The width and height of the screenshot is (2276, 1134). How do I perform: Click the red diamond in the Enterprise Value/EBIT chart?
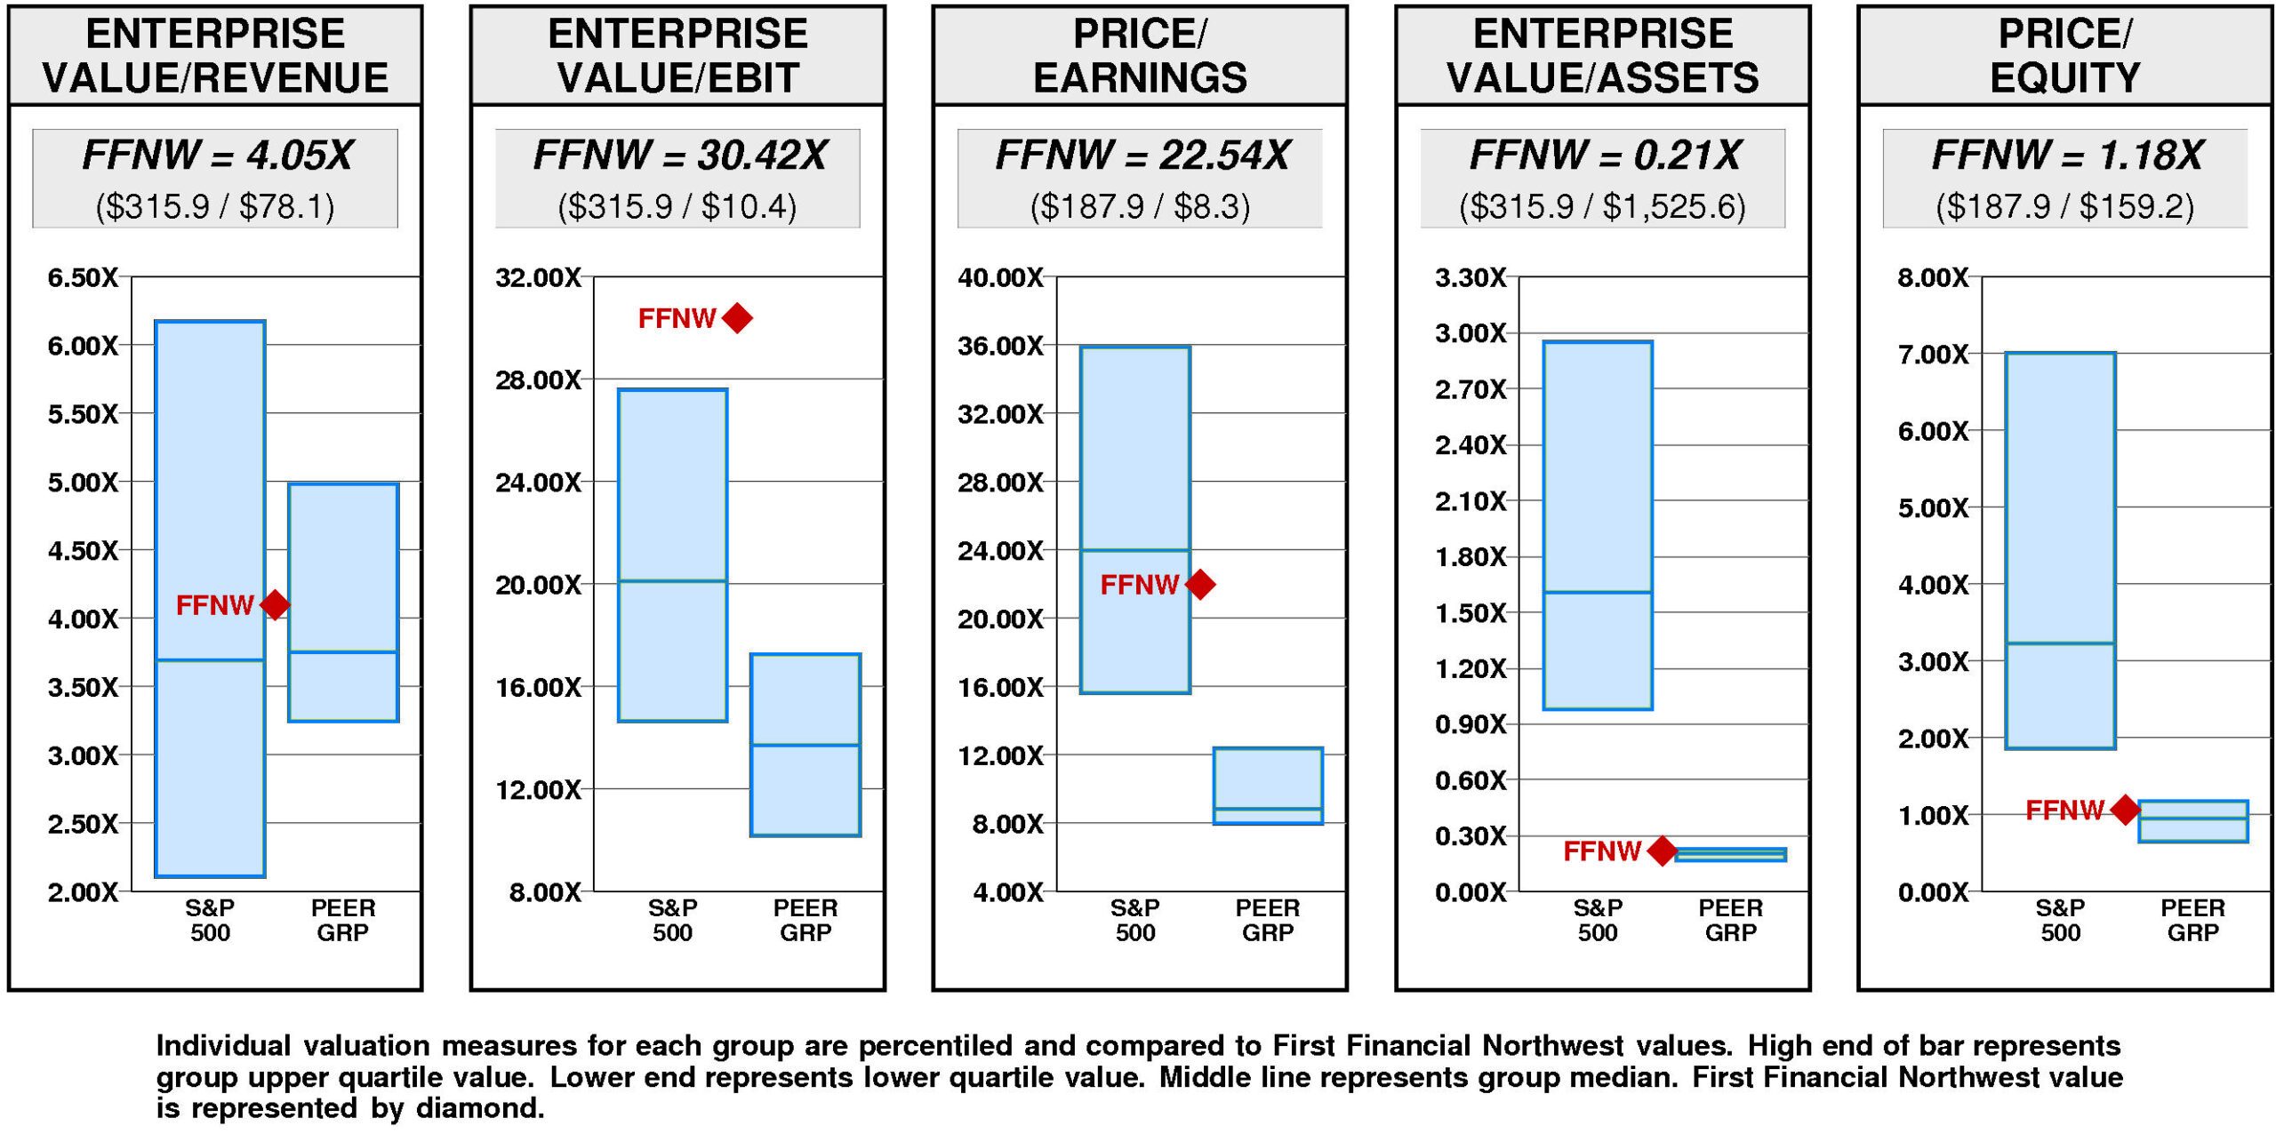pos(737,317)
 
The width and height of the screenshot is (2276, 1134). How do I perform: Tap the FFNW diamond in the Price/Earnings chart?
pos(1200,584)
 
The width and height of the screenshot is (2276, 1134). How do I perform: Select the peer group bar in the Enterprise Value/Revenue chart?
pos(343,602)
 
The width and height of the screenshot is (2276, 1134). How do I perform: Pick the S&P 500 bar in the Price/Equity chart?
pos(2060,550)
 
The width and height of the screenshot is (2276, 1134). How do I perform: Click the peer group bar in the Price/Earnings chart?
pos(1268,786)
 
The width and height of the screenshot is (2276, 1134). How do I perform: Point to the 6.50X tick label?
pos(83,277)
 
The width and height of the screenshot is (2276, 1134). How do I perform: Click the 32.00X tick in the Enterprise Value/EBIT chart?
pos(538,277)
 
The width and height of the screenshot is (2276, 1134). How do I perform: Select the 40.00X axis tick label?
pos(1000,277)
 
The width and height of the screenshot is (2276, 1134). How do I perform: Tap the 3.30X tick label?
pos(1471,277)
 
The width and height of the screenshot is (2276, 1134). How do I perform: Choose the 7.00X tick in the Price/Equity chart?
pos(1933,355)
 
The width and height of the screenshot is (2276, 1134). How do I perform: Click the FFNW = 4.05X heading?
pos(216,155)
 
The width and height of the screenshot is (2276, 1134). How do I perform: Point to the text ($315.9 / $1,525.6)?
pos(1602,206)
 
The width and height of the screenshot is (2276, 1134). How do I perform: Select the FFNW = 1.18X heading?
pos(2066,155)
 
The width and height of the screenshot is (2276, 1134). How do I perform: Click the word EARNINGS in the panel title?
pos(1140,77)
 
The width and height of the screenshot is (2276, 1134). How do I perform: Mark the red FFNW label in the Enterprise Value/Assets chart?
pos(1601,850)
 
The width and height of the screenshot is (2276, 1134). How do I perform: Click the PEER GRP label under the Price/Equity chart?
pos(2192,920)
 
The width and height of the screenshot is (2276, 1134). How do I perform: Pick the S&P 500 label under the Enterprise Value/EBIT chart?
pos(672,920)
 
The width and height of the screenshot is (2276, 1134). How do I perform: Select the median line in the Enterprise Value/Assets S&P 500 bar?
pos(1598,592)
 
